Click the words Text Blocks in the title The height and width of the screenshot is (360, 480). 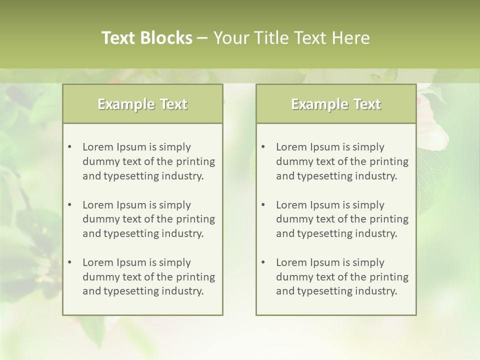pos(146,38)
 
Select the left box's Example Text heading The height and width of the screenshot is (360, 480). pos(142,104)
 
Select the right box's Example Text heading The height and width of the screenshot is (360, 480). pos(336,104)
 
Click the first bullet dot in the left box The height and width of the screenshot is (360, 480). pos(69,147)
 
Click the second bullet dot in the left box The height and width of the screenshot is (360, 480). pos(69,205)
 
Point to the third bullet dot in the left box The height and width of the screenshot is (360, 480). pos(69,262)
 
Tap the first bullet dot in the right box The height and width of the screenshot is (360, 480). pos(263,147)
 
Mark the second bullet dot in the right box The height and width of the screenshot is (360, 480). pos(263,205)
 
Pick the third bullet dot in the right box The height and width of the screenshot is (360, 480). pos(263,262)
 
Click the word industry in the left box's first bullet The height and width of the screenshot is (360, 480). pos(183,176)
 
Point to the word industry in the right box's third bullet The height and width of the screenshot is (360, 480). pos(376,291)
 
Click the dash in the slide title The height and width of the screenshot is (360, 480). pos(203,38)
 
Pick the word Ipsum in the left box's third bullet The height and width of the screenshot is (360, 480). pos(130,262)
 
